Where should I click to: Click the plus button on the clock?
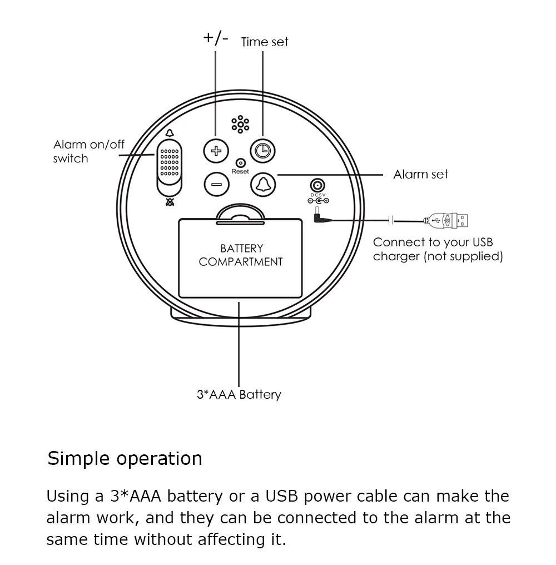tap(216, 150)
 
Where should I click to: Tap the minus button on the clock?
tap(216, 185)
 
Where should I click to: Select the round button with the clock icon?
tap(263, 150)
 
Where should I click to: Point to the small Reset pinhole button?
tap(240, 163)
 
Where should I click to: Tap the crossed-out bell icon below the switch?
tap(169, 202)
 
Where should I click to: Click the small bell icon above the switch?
tap(169, 133)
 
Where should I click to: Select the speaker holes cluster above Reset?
tap(240, 125)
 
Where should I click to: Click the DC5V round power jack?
tap(317, 186)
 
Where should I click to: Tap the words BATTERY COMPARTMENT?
tap(241, 255)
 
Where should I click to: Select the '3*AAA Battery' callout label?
tap(239, 395)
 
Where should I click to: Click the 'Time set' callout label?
tap(265, 42)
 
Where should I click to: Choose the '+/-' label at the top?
tap(216, 38)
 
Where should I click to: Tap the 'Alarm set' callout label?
tap(420, 175)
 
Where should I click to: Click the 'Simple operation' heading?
tap(125, 459)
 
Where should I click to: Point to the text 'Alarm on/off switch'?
tap(88, 151)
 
